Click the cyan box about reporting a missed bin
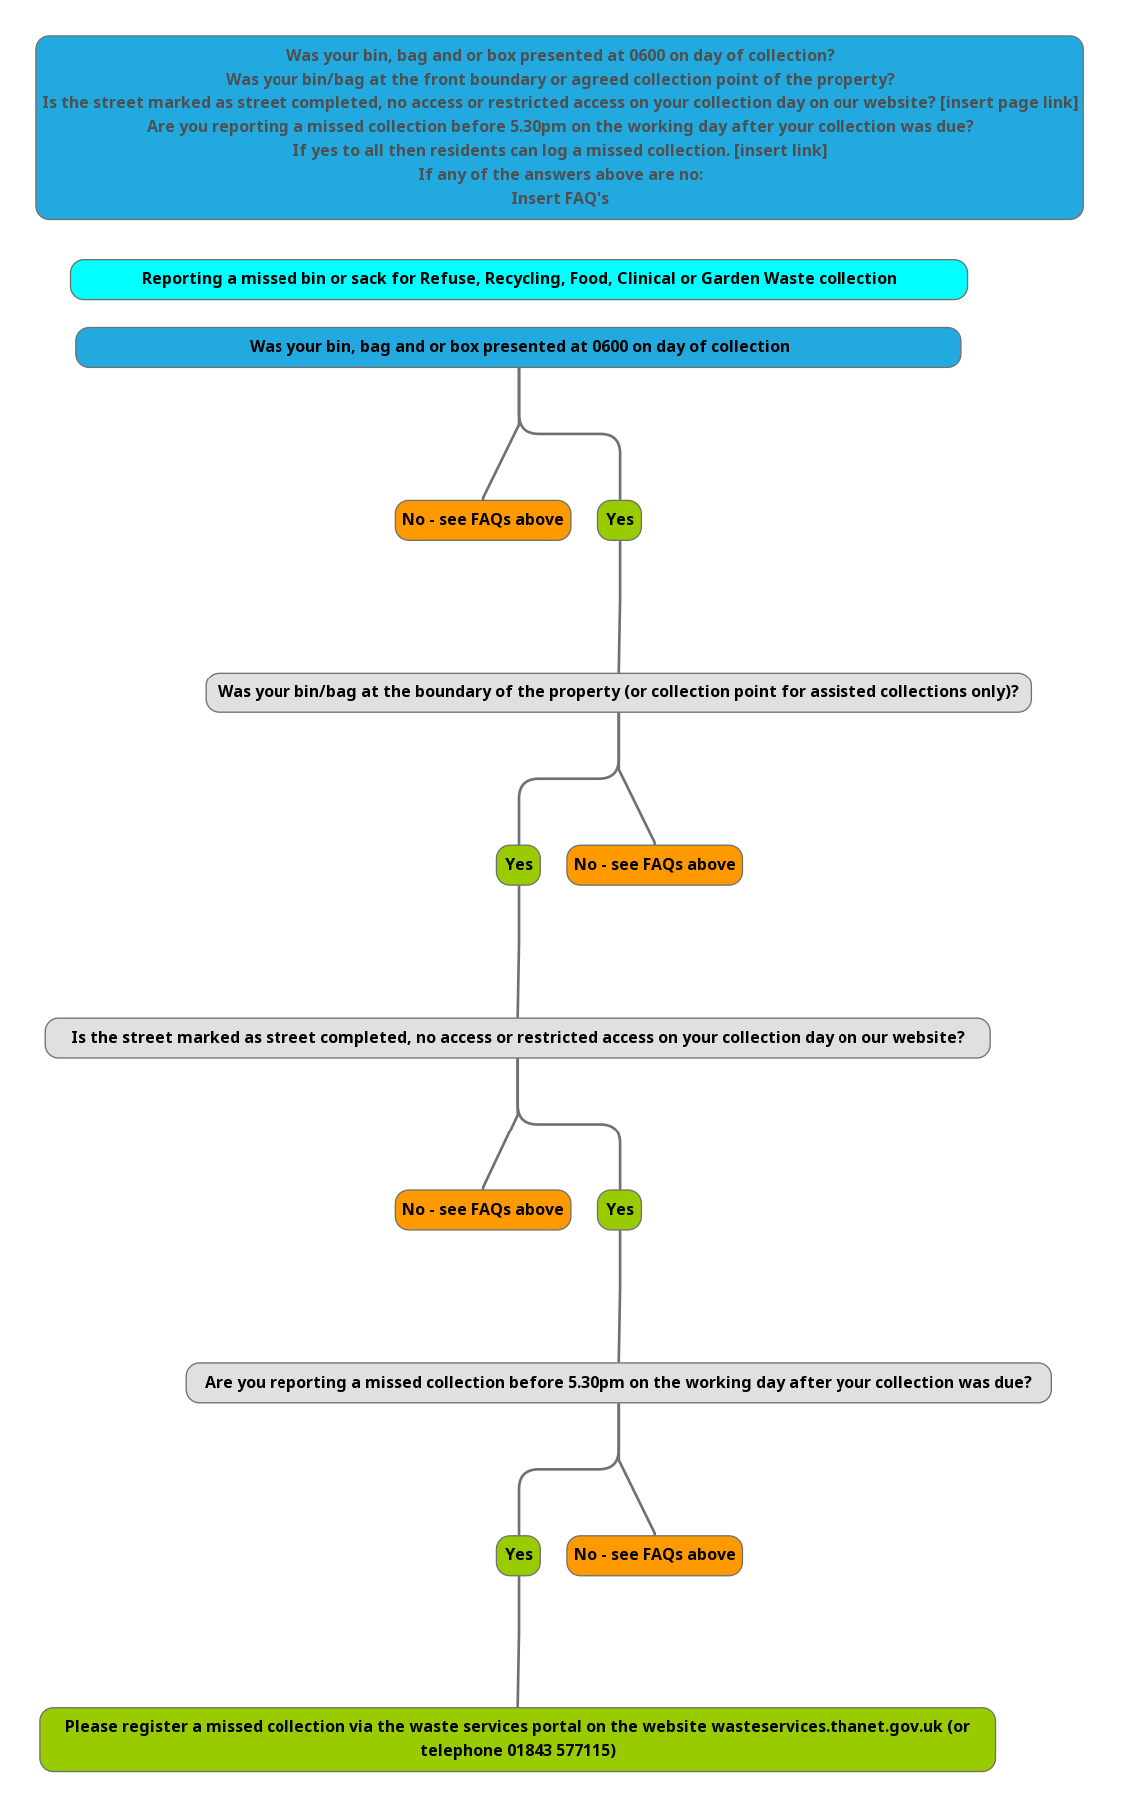coord(519,279)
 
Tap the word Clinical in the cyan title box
coord(646,279)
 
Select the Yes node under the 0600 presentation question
coord(619,520)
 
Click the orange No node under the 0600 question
coord(483,520)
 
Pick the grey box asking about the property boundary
coord(618,692)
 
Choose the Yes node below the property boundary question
coord(518,865)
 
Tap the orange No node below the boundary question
coord(654,865)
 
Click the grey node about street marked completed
coord(517,1038)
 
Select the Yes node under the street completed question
coord(619,1210)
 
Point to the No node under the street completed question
coord(483,1210)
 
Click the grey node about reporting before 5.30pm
coord(618,1383)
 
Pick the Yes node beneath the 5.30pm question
coord(518,1555)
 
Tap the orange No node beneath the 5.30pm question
coord(654,1555)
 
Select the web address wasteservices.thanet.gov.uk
coord(827,1727)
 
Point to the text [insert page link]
coord(1009,103)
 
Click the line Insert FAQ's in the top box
coord(560,199)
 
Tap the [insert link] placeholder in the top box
coord(780,151)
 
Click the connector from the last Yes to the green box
coord(518,1641)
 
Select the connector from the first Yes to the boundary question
coord(619,607)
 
